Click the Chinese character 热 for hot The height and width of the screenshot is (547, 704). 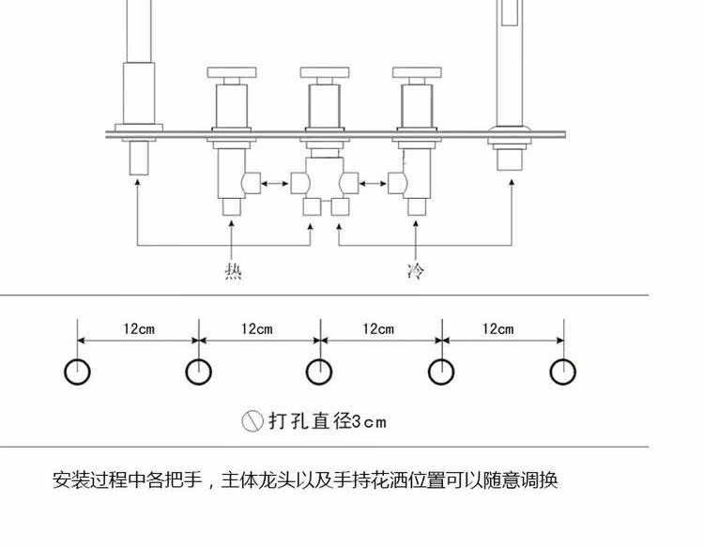[234, 272]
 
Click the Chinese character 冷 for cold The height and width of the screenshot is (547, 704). [415, 272]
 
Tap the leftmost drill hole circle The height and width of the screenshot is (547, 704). [78, 372]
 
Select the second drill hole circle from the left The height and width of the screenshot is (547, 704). [198, 372]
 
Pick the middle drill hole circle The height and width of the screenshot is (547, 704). [320, 372]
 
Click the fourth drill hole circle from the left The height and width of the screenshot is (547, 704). [441, 372]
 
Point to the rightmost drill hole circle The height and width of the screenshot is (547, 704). [562, 372]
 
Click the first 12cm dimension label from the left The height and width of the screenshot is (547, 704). [138, 328]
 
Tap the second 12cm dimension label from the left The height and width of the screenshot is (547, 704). [256, 328]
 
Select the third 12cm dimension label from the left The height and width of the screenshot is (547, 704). [378, 328]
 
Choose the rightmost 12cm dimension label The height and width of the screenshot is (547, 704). [498, 328]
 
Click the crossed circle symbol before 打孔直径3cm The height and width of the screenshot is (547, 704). [252, 421]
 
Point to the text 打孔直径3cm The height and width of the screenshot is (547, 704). [328, 421]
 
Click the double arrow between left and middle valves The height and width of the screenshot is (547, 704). [275, 183]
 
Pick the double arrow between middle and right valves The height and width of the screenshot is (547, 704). [374, 183]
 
